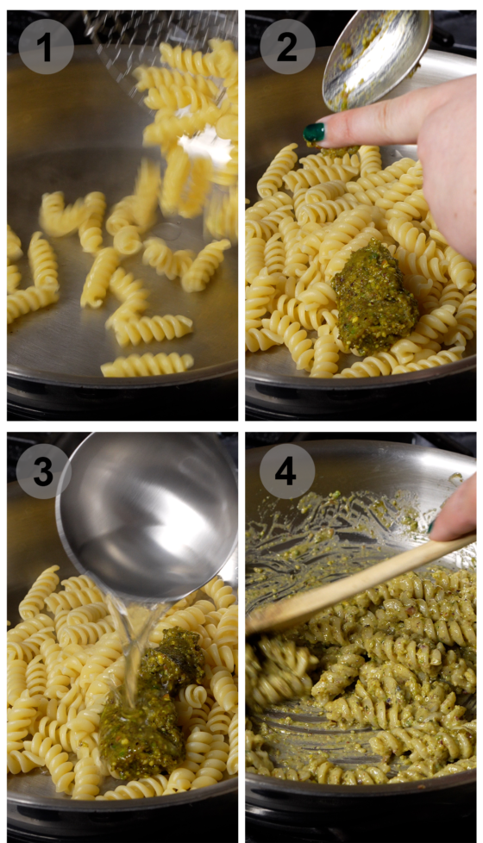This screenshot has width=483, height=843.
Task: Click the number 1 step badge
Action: [45, 47]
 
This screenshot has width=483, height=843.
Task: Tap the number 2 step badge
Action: [287, 47]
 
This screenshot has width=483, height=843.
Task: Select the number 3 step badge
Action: [43, 471]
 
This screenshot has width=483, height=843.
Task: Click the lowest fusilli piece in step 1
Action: [147, 365]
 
